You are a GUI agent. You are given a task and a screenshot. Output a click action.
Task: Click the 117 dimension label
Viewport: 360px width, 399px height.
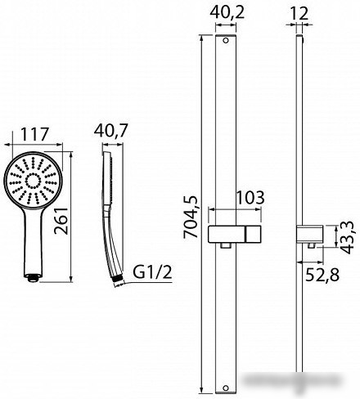click(x=34, y=134)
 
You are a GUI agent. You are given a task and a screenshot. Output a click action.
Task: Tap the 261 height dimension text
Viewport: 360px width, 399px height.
click(x=61, y=221)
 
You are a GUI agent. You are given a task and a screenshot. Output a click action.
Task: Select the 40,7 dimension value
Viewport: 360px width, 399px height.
click(x=111, y=131)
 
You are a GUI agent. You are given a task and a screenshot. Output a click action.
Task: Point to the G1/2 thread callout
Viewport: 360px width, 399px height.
click(x=153, y=272)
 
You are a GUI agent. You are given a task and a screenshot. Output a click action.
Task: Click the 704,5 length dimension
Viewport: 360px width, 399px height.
click(x=191, y=217)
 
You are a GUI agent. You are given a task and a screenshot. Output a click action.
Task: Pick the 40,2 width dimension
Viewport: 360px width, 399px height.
click(x=227, y=12)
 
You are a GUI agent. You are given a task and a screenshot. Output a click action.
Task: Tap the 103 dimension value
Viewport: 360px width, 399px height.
click(x=250, y=198)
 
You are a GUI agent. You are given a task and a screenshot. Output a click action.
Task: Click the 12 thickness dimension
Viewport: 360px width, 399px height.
click(x=299, y=13)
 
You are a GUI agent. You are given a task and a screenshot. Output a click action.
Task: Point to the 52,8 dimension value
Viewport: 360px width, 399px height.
click(x=322, y=275)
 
